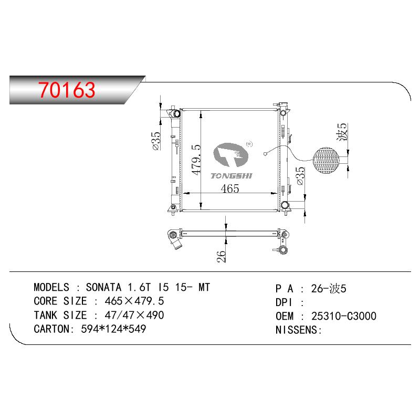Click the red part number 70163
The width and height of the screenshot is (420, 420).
coord(67,89)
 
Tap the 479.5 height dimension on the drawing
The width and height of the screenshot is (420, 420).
coord(196,160)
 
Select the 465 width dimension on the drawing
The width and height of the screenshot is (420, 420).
coord(230,188)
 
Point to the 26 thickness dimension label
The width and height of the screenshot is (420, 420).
coord(221,256)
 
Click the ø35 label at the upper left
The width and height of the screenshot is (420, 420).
coord(156,141)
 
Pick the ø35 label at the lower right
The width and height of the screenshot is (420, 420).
coord(300,176)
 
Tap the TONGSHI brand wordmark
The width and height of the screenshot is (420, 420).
coord(232,176)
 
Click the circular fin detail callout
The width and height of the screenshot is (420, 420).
coord(326,160)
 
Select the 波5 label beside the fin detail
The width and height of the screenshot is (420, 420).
coord(342,132)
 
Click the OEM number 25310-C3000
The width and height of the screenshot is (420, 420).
coord(344,316)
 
